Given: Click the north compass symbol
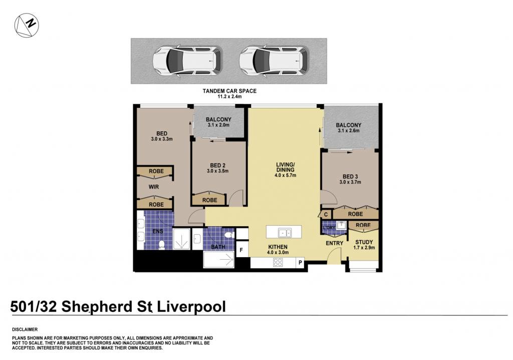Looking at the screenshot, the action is (x=27, y=25).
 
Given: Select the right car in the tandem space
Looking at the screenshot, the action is (x=274, y=61).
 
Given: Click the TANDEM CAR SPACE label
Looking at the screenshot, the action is (x=229, y=91).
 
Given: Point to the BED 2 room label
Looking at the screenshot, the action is (x=217, y=165).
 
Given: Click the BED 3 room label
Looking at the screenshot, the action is (x=350, y=176).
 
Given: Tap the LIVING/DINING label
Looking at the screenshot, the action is (x=285, y=167).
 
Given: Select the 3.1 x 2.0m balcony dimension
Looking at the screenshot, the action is (x=218, y=125).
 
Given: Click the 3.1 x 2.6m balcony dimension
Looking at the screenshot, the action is (x=349, y=130).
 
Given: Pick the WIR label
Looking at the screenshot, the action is (x=154, y=187).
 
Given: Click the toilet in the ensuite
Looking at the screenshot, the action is (x=161, y=245).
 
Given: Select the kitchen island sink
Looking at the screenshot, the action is (x=285, y=233).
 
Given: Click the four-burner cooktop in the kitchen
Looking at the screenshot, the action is (x=278, y=262).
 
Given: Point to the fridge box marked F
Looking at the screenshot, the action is (x=242, y=250).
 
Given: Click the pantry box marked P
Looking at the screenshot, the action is (x=300, y=262).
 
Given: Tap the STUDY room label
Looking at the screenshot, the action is (x=364, y=242).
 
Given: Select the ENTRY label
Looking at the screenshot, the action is (x=334, y=243).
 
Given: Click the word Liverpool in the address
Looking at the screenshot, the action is (x=192, y=307).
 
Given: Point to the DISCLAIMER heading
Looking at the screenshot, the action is (x=25, y=329).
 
